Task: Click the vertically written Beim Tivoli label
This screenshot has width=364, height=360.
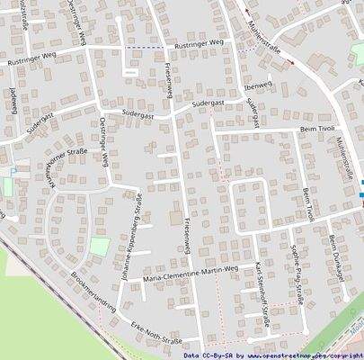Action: click(x=308, y=206)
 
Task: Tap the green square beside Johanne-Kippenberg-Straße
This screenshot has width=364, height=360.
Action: click(x=99, y=245)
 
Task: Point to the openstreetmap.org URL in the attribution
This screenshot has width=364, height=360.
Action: click(x=292, y=355)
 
